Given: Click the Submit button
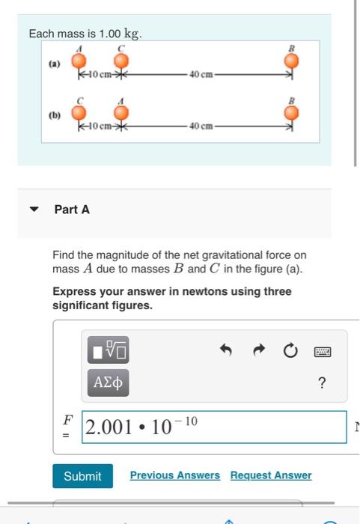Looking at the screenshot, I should [82, 476].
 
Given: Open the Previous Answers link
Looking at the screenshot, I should [174, 475].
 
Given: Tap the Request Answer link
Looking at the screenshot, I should [271, 475].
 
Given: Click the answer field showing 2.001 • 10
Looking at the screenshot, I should [214, 427].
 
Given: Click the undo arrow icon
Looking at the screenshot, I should [227, 350].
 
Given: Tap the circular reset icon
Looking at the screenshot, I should [291, 350].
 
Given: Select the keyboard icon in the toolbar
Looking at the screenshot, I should [323, 350].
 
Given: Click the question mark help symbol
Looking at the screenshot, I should [322, 383].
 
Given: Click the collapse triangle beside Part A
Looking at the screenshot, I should [34, 210].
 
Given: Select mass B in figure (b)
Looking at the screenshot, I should [292, 113].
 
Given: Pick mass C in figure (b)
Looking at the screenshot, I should [77, 113].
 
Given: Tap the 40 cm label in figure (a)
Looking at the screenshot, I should [201, 74].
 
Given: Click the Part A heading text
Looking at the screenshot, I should [72, 210].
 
